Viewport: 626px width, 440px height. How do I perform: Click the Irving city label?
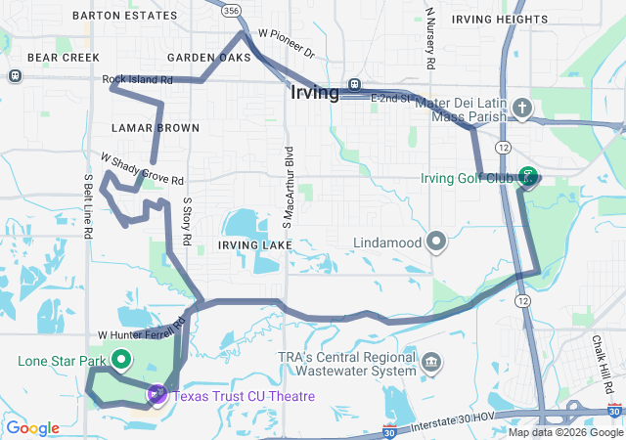[x=315, y=93]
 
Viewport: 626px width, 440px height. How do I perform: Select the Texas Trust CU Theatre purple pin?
[x=156, y=395]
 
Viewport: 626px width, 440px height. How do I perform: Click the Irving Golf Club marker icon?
[x=528, y=177]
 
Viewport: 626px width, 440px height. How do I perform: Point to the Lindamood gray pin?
[x=436, y=241]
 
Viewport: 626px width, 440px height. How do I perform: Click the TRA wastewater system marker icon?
[x=429, y=365]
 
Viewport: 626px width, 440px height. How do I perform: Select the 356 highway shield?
[x=230, y=10]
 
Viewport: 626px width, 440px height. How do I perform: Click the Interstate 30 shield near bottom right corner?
[x=613, y=411]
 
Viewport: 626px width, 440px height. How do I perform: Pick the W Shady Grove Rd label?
[x=143, y=169]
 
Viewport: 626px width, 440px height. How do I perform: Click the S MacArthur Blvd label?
[x=290, y=195]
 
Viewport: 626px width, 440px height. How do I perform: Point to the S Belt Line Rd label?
[x=88, y=206]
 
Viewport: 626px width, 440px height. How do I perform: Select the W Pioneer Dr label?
[x=286, y=43]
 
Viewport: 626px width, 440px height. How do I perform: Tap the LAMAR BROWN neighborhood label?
[x=155, y=128]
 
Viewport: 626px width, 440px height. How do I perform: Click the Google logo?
[x=32, y=428]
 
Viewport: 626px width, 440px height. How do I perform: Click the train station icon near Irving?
[x=354, y=85]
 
